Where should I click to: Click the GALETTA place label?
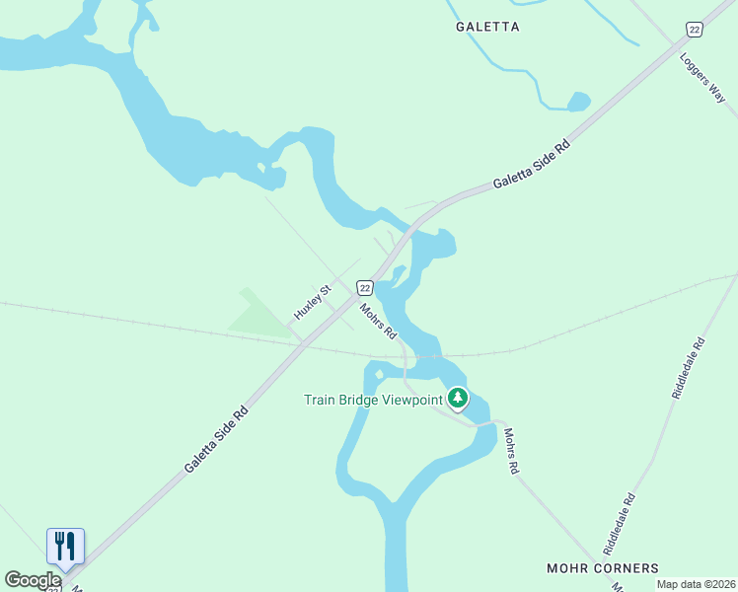[487, 27]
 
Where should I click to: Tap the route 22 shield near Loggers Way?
[695, 30]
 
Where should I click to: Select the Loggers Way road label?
[702, 78]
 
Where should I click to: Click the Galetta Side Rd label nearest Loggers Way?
[532, 165]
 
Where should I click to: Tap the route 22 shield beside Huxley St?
[365, 287]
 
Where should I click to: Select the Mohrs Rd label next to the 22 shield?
[377, 319]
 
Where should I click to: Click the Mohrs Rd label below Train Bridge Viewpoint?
[510, 452]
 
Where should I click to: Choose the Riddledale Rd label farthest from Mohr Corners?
[689, 368]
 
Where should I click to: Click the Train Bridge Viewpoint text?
[374, 400]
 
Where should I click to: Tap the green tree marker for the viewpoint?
[457, 399]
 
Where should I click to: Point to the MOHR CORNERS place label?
[603, 568]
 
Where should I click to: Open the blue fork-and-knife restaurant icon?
[65, 546]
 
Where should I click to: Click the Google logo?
[33, 580]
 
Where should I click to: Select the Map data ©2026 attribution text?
[696, 584]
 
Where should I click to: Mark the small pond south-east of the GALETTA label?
[579, 101]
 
